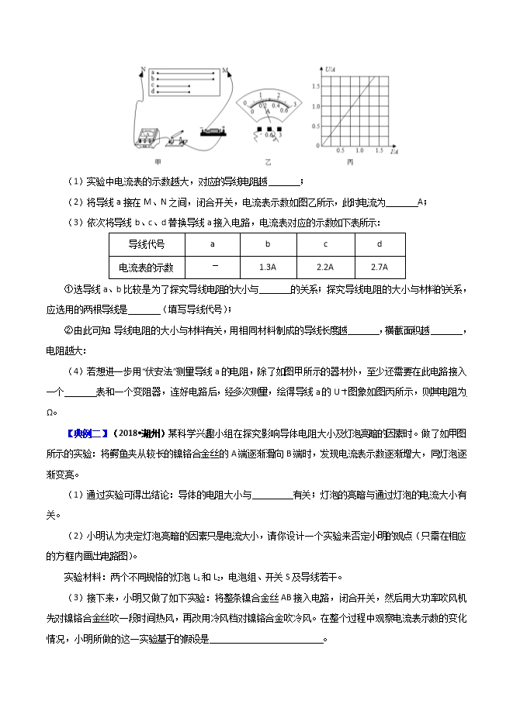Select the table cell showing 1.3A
(x=269, y=267)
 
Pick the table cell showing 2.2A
(x=325, y=267)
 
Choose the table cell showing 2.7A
(x=380, y=267)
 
